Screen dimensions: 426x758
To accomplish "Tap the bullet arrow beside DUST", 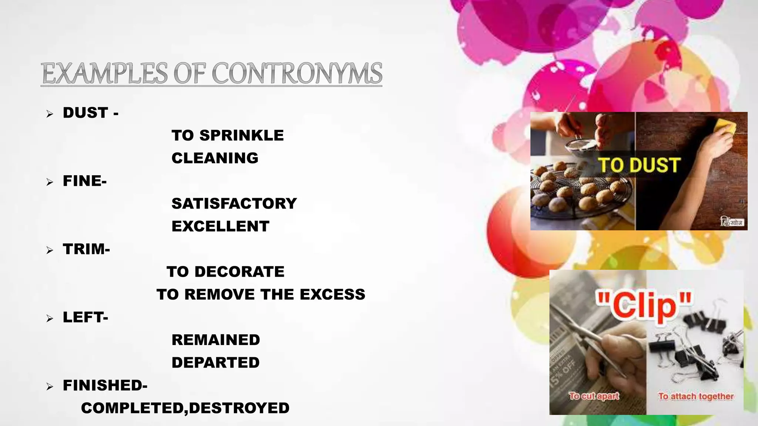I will tap(50, 114).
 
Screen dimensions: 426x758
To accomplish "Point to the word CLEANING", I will tap(215, 158).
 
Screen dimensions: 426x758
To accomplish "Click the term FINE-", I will tap(85, 181).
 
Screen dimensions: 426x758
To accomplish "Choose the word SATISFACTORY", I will tap(234, 203).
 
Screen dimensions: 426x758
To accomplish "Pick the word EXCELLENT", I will tap(220, 226).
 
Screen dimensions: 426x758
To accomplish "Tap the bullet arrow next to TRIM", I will tap(50, 250).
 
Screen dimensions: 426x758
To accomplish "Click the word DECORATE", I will tap(239, 272).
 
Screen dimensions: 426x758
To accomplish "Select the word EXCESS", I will tap(332, 294).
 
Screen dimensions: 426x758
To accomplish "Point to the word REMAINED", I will tap(215, 340).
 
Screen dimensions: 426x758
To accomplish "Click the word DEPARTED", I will tap(215, 363).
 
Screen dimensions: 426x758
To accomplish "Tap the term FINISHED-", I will tap(105, 385).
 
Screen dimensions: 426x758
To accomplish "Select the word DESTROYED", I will tap(239, 408).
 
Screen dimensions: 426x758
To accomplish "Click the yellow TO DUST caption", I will tap(639, 165).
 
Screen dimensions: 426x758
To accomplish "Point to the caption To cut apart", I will tap(594, 396).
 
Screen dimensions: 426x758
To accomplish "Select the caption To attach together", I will tap(695, 396).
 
